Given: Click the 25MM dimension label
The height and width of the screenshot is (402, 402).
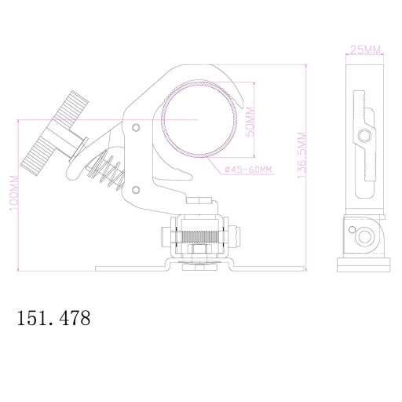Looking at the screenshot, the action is pyautogui.click(x=365, y=49).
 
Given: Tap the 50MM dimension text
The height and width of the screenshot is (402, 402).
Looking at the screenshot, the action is pyautogui.click(x=250, y=122).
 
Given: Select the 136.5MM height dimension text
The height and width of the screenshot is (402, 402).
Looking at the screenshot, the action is pyautogui.click(x=301, y=155).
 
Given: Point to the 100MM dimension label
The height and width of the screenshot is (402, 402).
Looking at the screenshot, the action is pyautogui.click(x=14, y=193).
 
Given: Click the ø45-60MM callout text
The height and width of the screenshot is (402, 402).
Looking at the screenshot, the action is pyautogui.click(x=248, y=170).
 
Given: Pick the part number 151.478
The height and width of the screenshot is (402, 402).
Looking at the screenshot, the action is pyautogui.click(x=53, y=318).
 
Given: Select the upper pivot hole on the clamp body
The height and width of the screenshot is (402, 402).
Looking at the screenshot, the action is pyautogui.click(x=136, y=127).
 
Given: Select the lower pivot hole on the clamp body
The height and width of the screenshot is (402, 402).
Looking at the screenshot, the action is pyautogui.click(x=136, y=190).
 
